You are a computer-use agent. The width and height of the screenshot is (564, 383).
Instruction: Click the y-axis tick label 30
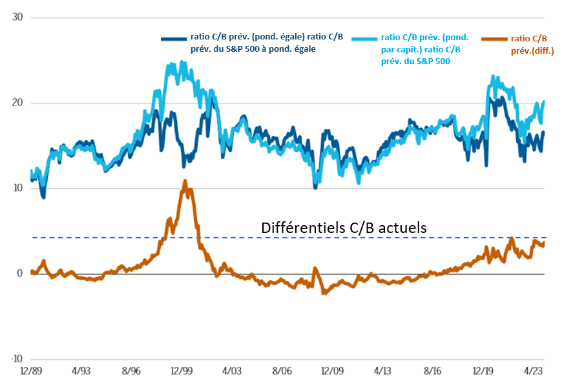pos(17,17)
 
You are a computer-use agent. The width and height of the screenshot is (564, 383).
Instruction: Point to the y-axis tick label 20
pos(17,103)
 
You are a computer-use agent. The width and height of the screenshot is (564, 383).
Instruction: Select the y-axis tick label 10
pos(17,188)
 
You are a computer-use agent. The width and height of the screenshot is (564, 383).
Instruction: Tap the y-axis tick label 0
pos(19,274)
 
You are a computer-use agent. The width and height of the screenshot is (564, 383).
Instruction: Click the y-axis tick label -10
pos(16,359)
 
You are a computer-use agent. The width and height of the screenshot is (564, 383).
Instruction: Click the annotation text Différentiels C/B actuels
pos(344,228)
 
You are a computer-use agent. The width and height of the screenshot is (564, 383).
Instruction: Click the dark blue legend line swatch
pos(173,39)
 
